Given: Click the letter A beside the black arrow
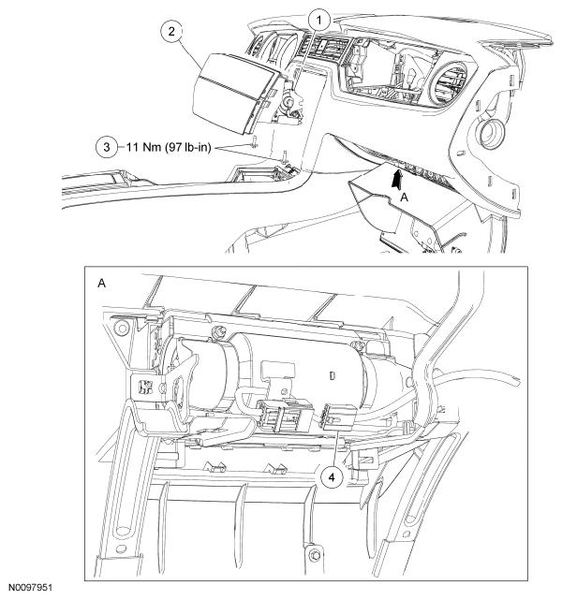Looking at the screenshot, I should pyautogui.click(x=404, y=198).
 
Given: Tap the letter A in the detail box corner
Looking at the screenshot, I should pyautogui.click(x=100, y=282).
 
